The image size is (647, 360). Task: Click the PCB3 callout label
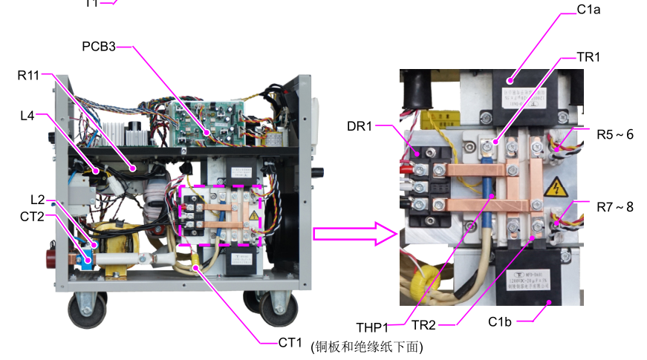[x=99, y=47]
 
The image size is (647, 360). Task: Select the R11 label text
[x=28, y=74]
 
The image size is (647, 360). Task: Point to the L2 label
[x=37, y=200]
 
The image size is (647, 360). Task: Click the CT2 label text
[x=32, y=216]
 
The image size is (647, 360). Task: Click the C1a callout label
[x=588, y=11]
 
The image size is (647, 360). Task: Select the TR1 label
[x=588, y=57]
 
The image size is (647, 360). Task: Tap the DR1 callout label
[x=360, y=125]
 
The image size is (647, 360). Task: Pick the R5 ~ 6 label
[x=614, y=134]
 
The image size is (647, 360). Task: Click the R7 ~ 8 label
[x=614, y=207]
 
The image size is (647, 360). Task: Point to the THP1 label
[x=372, y=327]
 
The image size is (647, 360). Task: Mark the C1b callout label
[x=501, y=321]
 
